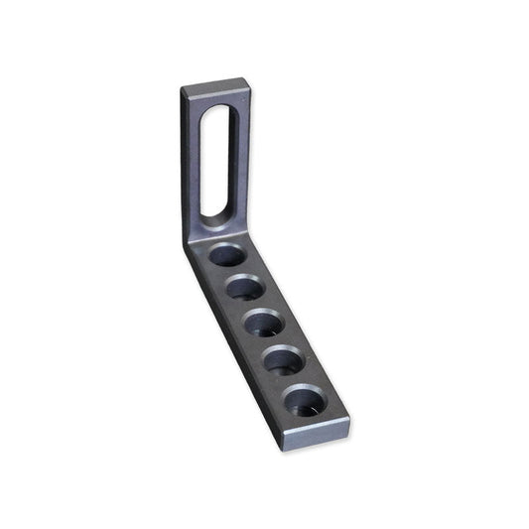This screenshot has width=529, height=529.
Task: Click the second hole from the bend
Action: (x=244, y=290)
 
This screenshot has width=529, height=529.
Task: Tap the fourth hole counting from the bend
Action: (x=284, y=359)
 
